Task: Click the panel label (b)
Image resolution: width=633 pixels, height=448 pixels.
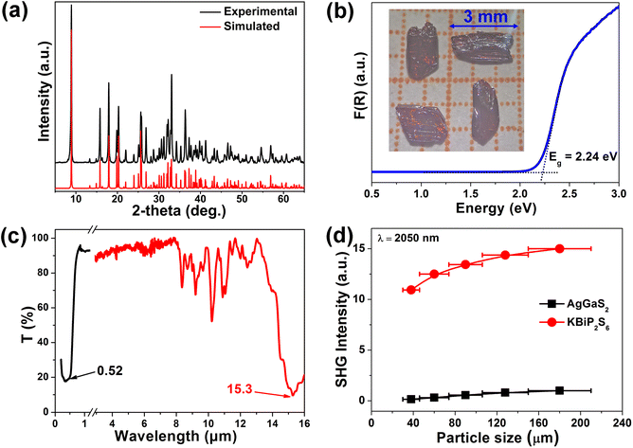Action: point(343,13)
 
